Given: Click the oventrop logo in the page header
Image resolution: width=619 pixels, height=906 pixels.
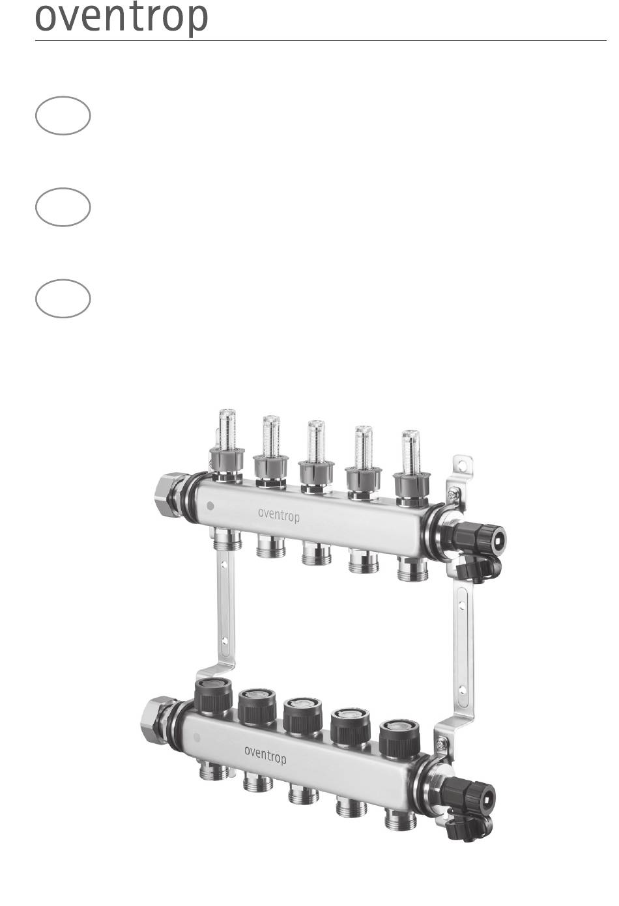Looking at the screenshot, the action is click(x=121, y=18).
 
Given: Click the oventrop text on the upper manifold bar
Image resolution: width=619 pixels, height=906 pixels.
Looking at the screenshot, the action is click(x=279, y=515).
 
